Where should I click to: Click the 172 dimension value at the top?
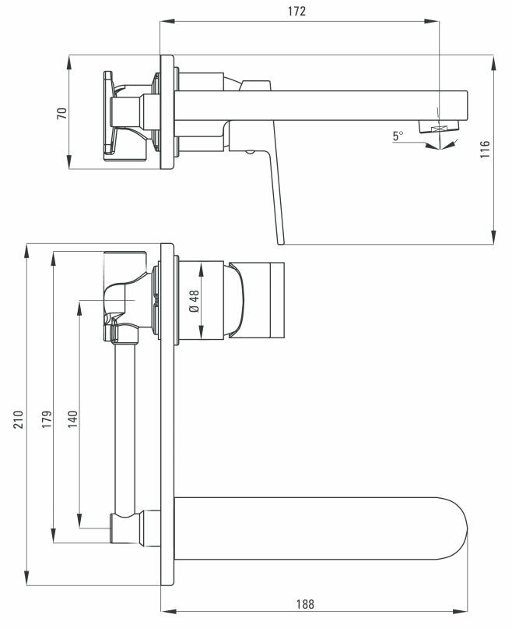pyautogui.click(x=296, y=11)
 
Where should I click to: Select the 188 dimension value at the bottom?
pyautogui.click(x=306, y=603)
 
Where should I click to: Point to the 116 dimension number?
pyautogui.click(x=484, y=150)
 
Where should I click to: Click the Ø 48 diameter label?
pyautogui.click(x=195, y=302)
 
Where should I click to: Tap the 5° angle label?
pyautogui.click(x=398, y=136)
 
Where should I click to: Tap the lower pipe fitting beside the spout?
pyautogui.click(x=128, y=527)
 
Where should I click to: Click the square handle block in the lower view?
pyautogui.click(x=265, y=300)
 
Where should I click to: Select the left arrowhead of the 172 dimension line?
pyautogui.click(x=163, y=22)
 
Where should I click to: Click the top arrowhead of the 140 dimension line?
pyautogui.click(x=79, y=304)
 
